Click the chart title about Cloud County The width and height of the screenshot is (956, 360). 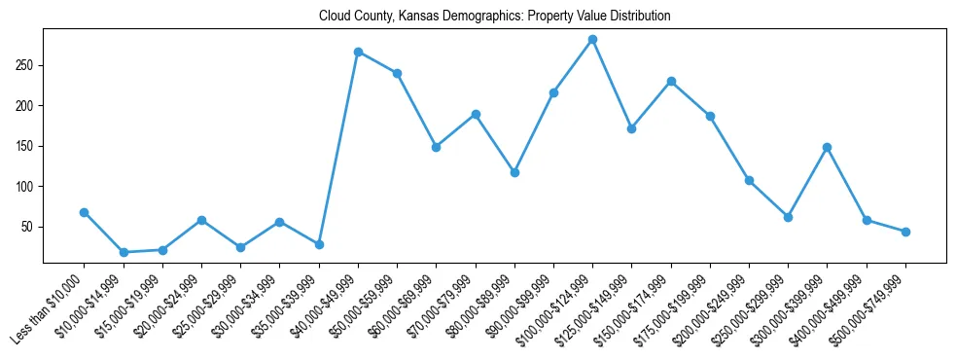(x=494, y=17)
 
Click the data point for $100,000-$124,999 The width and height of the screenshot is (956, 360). (x=592, y=40)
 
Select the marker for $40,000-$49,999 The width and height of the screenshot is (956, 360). (x=358, y=52)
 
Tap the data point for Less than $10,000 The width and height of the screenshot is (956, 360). (x=85, y=212)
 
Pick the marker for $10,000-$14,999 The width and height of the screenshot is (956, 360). (x=124, y=252)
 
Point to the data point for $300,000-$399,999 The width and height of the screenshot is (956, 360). (x=827, y=147)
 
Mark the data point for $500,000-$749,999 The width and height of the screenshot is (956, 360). (x=905, y=232)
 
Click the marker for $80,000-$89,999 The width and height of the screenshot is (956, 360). (x=514, y=172)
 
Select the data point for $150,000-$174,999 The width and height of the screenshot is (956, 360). (x=671, y=82)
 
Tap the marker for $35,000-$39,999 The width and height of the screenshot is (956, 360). (x=319, y=244)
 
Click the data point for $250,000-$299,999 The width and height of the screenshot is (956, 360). (x=788, y=217)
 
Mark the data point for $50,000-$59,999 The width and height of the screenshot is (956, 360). (x=397, y=73)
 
